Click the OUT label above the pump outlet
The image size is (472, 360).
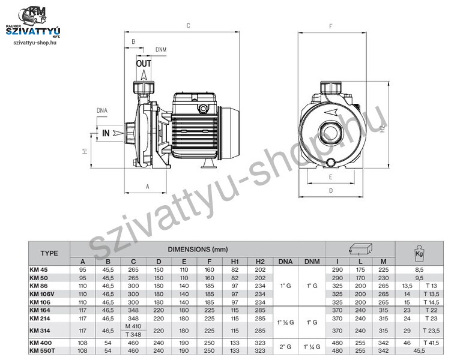144,64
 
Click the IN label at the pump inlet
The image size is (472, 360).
106,133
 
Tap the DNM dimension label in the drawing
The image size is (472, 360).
161,49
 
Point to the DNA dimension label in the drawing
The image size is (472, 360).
102,110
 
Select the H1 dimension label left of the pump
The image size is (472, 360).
85,151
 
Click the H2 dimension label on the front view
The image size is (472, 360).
383,128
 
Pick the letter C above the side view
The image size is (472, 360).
188,26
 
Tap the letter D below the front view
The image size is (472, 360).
331,190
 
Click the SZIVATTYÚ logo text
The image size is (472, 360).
33,31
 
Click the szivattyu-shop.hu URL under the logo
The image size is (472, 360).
35,43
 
